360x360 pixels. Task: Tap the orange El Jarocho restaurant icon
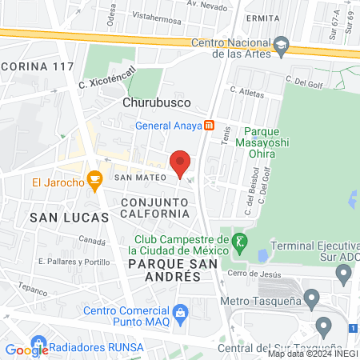pyautogui.click(x=95, y=182)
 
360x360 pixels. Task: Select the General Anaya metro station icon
pyautogui.click(x=209, y=125)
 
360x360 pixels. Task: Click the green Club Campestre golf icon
pyautogui.click(x=238, y=240)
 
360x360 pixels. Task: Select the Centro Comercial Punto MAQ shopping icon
pyautogui.click(x=181, y=310)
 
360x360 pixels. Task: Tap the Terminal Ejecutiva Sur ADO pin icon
pyautogui.click(x=345, y=277)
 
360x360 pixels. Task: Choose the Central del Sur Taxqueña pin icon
pyautogui.click(x=324, y=326)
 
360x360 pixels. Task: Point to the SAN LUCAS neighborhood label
pyautogui.click(x=58, y=217)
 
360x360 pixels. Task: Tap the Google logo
pyautogui.click(x=26, y=349)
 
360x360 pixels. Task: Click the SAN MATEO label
pyautogui.click(x=140, y=176)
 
